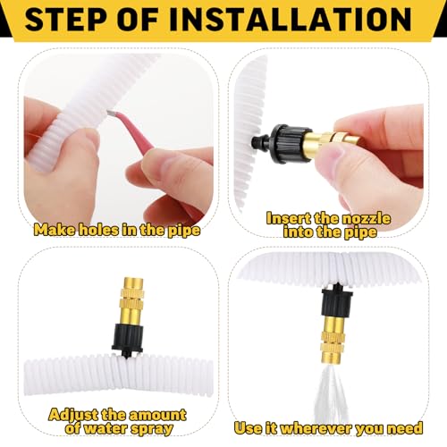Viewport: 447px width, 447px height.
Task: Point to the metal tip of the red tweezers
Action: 112,113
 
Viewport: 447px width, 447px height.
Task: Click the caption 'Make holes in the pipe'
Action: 117,230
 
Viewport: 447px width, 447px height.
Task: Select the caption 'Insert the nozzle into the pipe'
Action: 329,225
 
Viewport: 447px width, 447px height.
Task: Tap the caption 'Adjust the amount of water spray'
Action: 118,422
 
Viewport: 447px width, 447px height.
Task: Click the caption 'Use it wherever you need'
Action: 328,428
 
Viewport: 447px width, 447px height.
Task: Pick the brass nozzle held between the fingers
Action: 333,141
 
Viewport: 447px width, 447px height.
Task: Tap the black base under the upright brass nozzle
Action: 128,340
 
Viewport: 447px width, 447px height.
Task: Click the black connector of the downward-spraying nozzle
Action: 337,300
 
